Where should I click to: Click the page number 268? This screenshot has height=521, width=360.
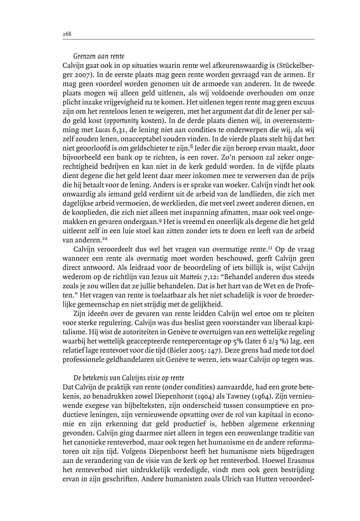click(67, 34)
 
